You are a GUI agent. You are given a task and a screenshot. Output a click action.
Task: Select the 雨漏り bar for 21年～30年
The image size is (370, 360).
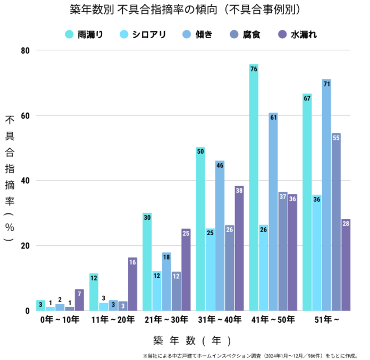tap(147, 262)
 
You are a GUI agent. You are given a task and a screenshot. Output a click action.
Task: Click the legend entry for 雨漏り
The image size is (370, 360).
tap(83, 35)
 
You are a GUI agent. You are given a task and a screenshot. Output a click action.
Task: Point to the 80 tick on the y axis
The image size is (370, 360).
tap(26, 50)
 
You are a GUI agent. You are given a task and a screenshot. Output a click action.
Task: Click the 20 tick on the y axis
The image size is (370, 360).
tap(26, 246)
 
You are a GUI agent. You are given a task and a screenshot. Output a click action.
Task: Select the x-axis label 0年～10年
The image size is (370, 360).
tap(60, 320)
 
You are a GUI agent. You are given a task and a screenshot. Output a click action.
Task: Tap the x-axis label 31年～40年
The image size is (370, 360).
tap(220, 320)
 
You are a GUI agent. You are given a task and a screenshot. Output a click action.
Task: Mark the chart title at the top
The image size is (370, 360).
tap(184, 10)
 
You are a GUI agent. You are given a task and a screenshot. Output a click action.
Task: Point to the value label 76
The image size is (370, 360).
tap(254, 69)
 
